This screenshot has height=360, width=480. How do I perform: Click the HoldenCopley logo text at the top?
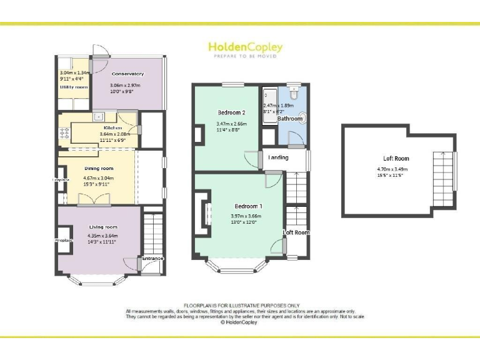pos(245,47)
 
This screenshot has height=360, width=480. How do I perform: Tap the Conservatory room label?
pos(127,74)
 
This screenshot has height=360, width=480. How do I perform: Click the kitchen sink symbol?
pos(99,117)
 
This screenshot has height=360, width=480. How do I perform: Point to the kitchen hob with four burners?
pos(64,132)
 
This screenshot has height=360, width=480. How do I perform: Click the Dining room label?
pos(99,168)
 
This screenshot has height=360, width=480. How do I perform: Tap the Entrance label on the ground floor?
pos(152,259)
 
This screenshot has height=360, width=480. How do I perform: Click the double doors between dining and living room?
pos(95,199)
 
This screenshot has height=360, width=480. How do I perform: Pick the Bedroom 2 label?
pos(231,112)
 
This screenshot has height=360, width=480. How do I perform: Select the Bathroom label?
pos(290,118)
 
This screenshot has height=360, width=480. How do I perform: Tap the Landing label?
pos(278,157)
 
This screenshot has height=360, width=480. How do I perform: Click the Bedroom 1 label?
pos(248,206)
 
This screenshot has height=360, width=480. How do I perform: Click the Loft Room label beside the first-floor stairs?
pos(296,232)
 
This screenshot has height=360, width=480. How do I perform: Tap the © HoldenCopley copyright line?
pos(240,323)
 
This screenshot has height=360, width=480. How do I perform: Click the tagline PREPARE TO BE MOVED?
pos(245,56)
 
